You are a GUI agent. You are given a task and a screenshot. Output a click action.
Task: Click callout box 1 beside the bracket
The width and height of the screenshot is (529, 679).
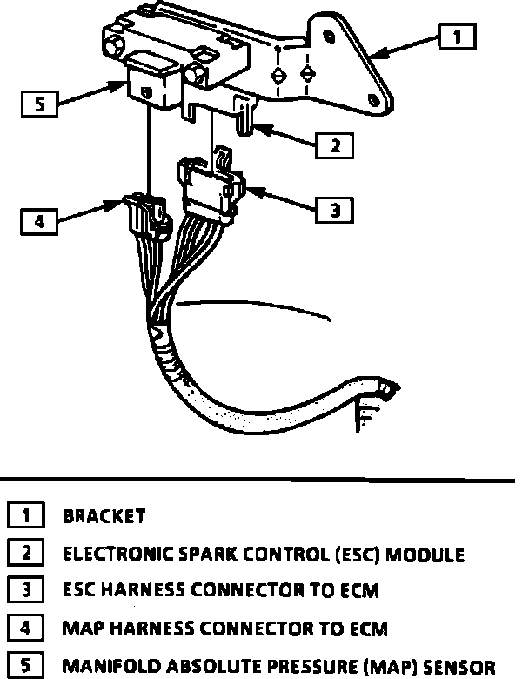coord(458,37)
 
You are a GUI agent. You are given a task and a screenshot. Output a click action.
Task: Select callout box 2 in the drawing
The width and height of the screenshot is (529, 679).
coord(334,144)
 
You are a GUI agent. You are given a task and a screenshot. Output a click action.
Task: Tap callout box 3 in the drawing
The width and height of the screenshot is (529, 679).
coord(334,209)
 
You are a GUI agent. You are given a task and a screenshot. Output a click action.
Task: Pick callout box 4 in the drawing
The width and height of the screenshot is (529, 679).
coord(38,221)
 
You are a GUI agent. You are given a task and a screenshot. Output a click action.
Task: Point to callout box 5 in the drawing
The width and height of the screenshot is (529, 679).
coord(38,105)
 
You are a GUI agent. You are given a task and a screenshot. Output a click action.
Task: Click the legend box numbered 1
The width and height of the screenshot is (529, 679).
coord(26,515)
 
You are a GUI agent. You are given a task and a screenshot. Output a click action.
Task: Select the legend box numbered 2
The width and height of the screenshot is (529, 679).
coord(26,553)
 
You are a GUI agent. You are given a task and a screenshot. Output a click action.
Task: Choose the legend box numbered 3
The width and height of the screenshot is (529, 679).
coord(26,590)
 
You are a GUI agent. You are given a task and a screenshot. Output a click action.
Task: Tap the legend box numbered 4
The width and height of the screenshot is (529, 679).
coord(26,628)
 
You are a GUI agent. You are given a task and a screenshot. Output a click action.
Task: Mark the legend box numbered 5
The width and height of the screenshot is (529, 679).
coord(26,666)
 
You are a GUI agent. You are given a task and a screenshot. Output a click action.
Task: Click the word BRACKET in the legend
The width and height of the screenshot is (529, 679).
coord(104,516)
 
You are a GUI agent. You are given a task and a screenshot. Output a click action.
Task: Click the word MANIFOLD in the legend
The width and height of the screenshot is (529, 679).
coord(104,667)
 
